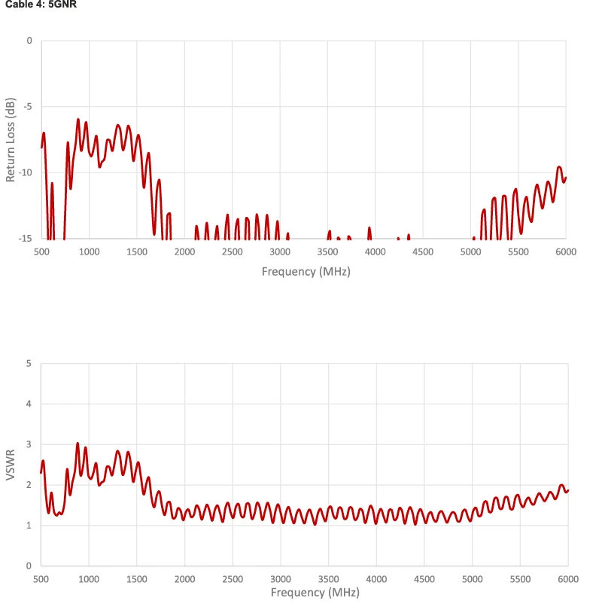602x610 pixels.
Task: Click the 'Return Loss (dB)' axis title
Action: [x=11, y=139]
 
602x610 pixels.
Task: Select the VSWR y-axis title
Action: [x=11, y=465]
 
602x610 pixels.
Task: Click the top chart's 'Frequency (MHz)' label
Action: [x=306, y=271]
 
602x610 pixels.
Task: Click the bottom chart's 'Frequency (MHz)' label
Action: [x=306, y=593]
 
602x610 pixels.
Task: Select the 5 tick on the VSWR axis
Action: [x=29, y=364]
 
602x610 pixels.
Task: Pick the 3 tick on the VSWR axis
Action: [x=29, y=444]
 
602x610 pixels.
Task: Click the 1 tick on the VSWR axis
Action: [x=29, y=525]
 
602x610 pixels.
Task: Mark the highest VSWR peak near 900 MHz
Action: [x=78, y=443]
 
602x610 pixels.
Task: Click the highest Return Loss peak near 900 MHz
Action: [x=78, y=119]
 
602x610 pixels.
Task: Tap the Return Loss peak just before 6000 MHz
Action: [x=559, y=167]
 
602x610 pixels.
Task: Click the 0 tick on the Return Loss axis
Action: [x=29, y=40]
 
